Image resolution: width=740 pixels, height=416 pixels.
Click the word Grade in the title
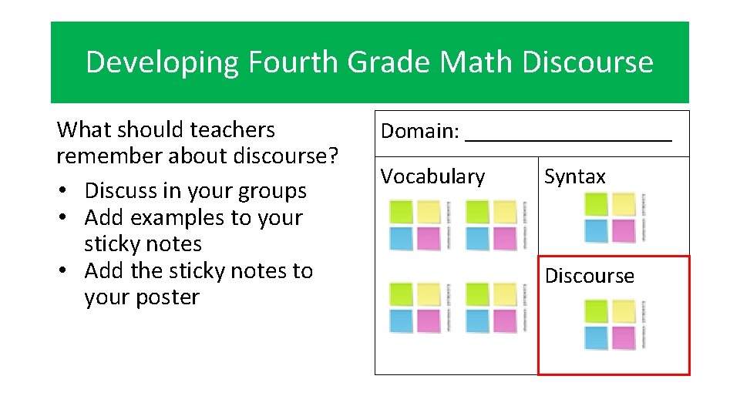389,62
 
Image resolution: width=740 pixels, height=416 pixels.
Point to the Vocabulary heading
432,176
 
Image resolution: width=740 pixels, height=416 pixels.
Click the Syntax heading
575,176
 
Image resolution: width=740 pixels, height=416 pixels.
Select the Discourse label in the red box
589,276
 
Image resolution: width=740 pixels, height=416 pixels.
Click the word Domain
418,131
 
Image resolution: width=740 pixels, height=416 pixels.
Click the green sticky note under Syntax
596,204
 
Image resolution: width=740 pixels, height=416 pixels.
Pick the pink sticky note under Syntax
623,230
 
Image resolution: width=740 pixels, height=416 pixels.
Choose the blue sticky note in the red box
596,337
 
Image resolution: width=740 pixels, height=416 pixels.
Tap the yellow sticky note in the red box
623,311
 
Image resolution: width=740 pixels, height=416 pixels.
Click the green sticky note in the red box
596,311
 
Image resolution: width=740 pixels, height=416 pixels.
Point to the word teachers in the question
236,129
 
